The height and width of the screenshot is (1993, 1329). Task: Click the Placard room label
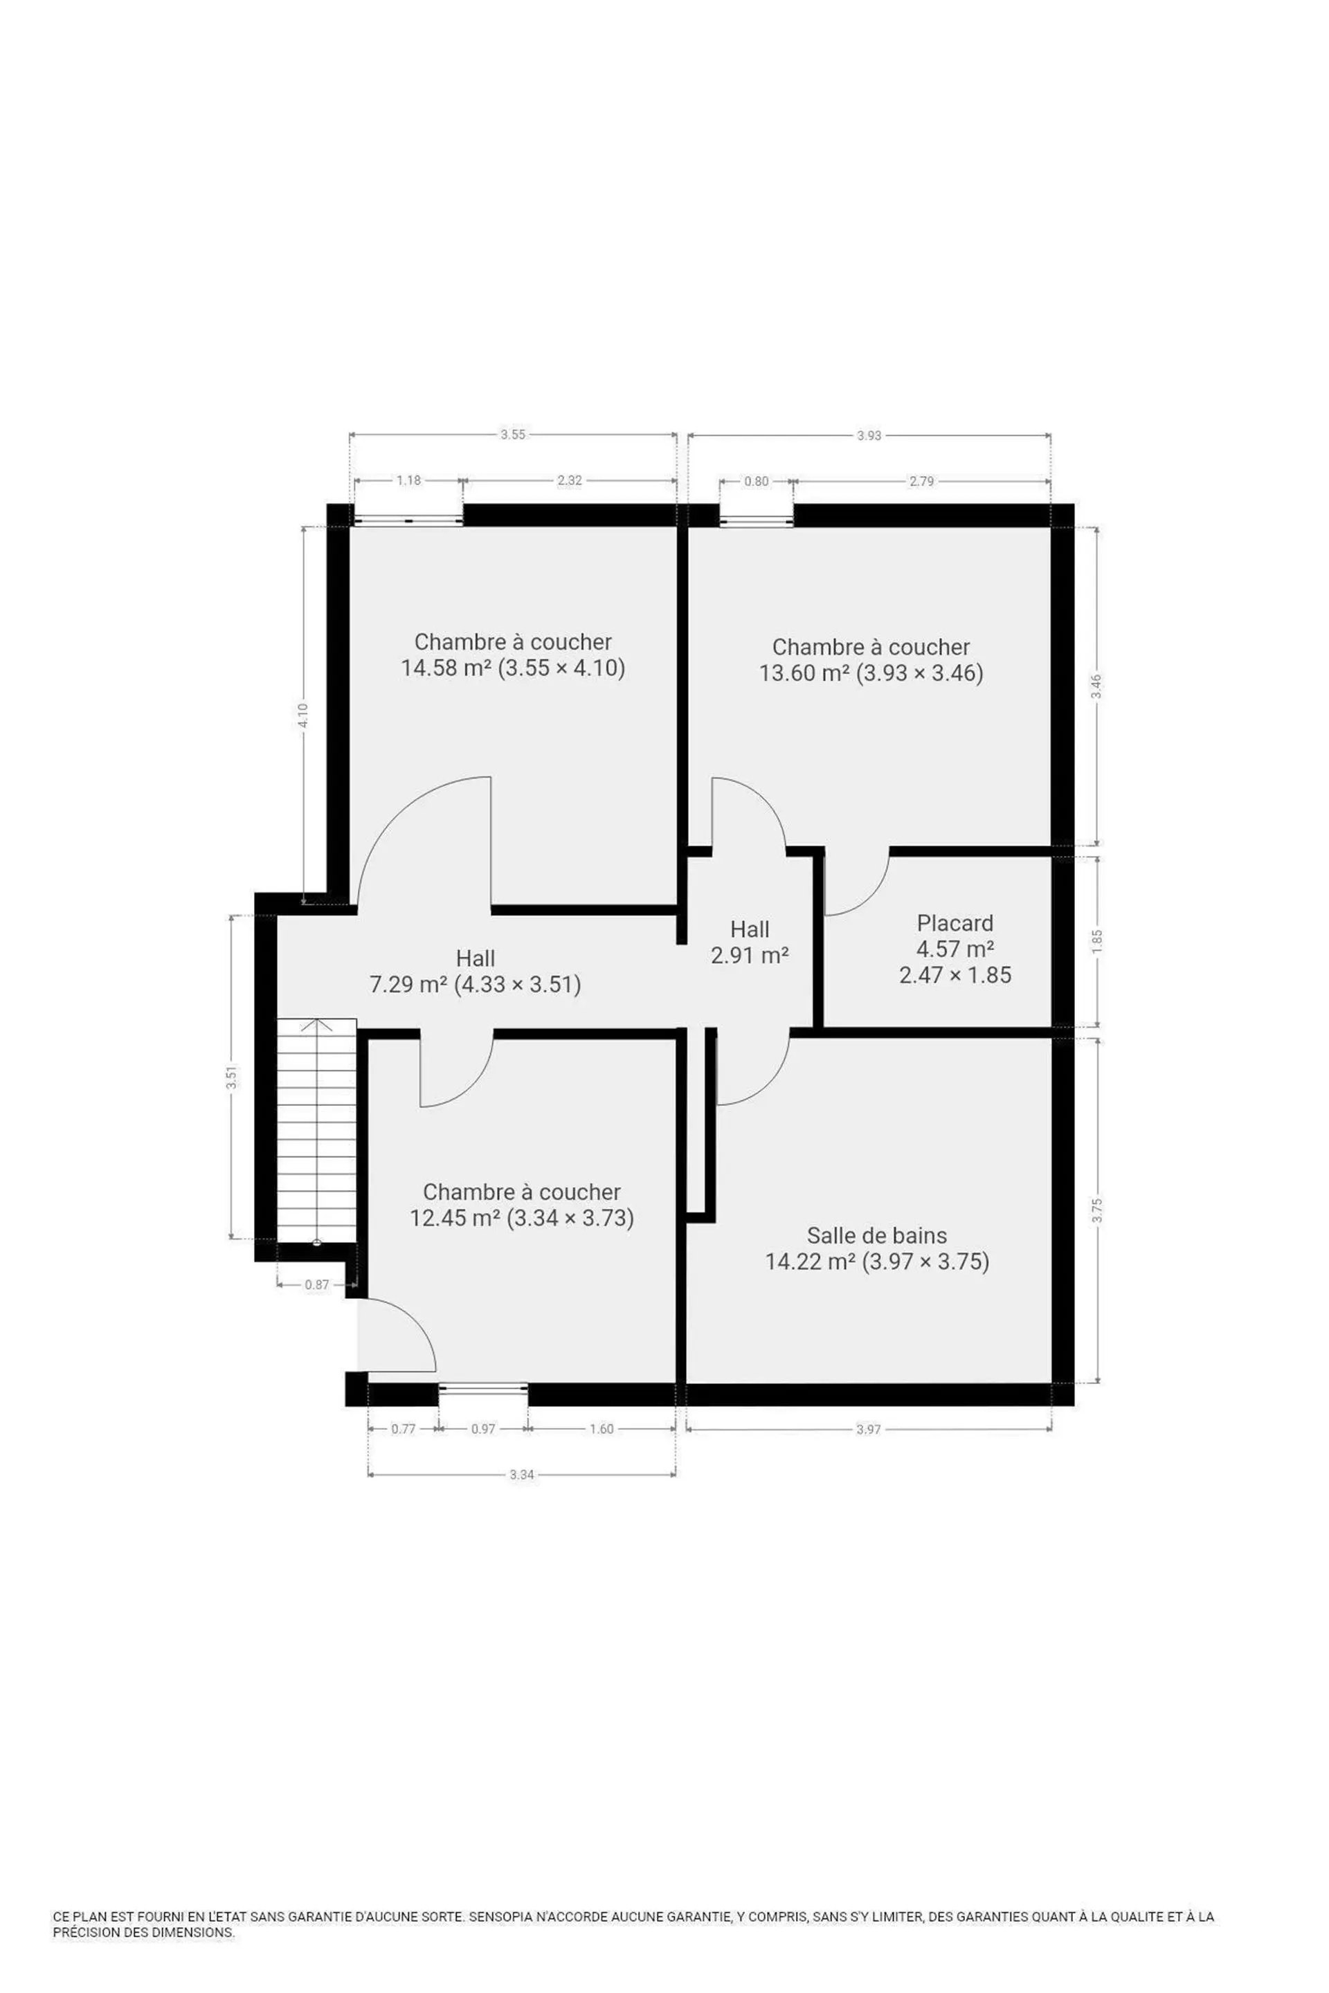pyautogui.click(x=955, y=922)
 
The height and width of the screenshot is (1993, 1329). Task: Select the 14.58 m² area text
pyautogui.click(x=446, y=668)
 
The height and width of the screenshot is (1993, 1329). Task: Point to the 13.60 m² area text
pyautogui.click(x=804, y=673)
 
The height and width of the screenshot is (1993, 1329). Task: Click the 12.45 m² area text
pyautogui.click(x=455, y=1218)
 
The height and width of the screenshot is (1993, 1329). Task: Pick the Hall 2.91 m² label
pyautogui.click(x=750, y=943)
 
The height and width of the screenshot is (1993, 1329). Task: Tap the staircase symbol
pyautogui.click(x=317, y=1131)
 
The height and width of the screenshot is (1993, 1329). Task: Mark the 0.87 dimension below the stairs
pyautogui.click(x=317, y=1284)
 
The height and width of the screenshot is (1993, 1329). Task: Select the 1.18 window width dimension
pyautogui.click(x=408, y=480)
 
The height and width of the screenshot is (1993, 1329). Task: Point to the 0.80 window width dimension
pyautogui.click(x=756, y=482)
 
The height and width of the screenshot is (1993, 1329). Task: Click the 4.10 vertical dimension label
pyautogui.click(x=303, y=715)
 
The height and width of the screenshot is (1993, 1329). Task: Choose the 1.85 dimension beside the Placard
pyautogui.click(x=1098, y=941)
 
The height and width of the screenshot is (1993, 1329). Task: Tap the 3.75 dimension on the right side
pyautogui.click(x=1098, y=1211)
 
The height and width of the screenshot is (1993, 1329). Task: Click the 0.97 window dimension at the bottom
pyautogui.click(x=483, y=1428)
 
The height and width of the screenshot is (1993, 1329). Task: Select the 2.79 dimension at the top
pyautogui.click(x=921, y=482)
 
